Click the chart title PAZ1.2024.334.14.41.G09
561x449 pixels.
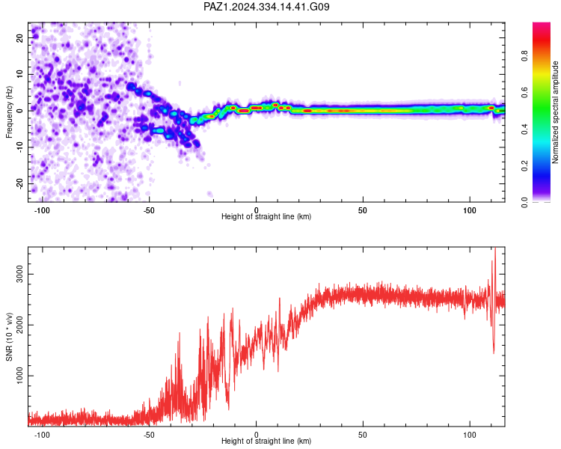pyautogui.click(x=266, y=7)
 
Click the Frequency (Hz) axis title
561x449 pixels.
pyautogui.click(x=9, y=112)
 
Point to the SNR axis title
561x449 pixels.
pyautogui.click(x=9, y=337)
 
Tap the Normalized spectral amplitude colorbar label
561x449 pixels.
pyautogui.click(x=555, y=112)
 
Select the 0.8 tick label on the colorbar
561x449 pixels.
pyautogui.click(x=524, y=56)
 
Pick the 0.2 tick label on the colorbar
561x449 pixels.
pyautogui.click(x=524, y=166)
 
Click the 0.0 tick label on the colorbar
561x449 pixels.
pyautogui.click(x=524, y=202)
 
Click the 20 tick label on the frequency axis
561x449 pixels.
pyautogui.click(x=19, y=37)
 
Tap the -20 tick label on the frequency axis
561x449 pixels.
pyautogui.click(x=19, y=184)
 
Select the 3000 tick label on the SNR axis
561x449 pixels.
pyautogui.click(x=19, y=275)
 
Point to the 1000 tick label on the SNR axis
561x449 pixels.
pyautogui.click(x=19, y=376)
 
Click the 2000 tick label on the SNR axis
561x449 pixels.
pyautogui.click(x=19, y=325)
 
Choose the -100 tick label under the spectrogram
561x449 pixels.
pyautogui.click(x=42, y=210)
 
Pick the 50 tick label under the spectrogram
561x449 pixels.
pyautogui.click(x=363, y=210)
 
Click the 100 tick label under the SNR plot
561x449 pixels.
pyautogui.click(x=470, y=435)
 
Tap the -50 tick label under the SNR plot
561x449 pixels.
pyautogui.click(x=149, y=435)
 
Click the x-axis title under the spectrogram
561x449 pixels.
pyautogui.click(x=266, y=216)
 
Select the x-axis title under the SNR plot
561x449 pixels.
pyautogui.click(x=266, y=441)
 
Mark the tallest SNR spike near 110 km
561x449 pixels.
pyautogui.click(x=495, y=248)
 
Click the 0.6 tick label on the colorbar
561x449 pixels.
pyautogui.click(x=524, y=92)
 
